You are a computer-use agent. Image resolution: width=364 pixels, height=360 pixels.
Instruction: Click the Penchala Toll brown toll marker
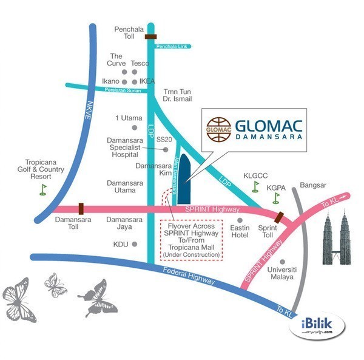pyautogui.click(x=150, y=36)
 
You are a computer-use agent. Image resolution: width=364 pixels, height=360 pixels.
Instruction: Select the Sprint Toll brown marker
pyautogui.click(x=278, y=217)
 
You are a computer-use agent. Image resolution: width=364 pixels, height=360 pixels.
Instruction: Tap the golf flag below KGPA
pyautogui.click(x=277, y=197)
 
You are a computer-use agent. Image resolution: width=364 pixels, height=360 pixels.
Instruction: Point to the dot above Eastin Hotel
pyautogui.click(x=240, y=220)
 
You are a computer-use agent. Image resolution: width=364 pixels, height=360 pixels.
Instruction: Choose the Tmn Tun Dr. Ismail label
pyautogui.click(x=178, y=95)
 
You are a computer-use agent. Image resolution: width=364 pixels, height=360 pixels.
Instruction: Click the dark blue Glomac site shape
pyautogui.click(x=183, y=176)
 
